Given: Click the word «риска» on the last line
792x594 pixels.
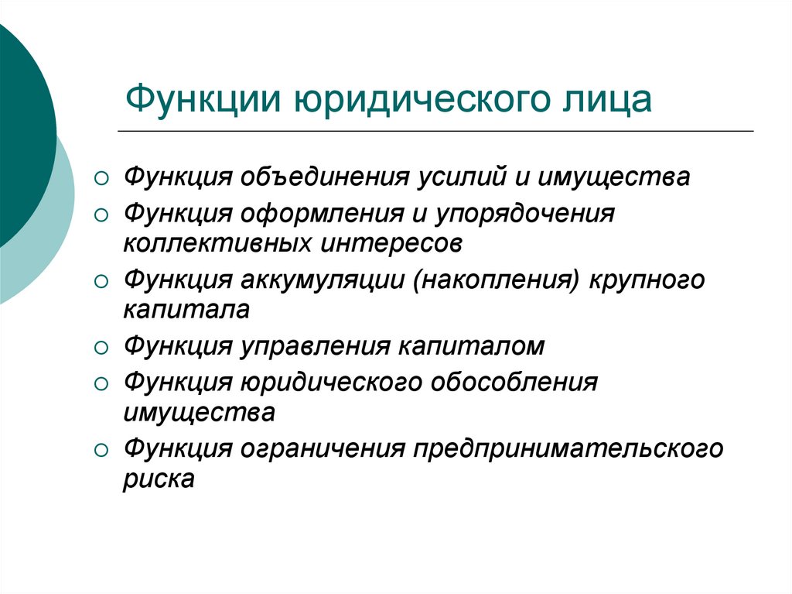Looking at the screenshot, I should (x=159, y=479).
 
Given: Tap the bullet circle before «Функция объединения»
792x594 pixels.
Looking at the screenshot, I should (x=101, y=179).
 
